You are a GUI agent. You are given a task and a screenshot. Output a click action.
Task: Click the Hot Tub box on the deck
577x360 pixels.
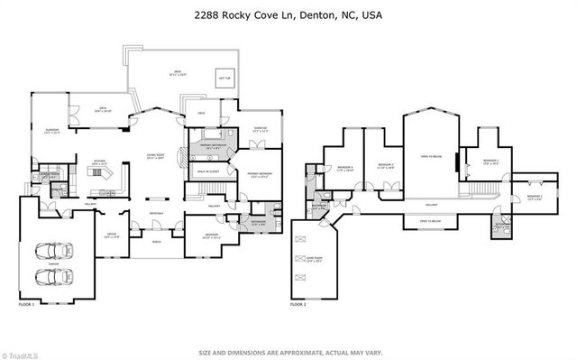pyautogui.click(x=224, y=78)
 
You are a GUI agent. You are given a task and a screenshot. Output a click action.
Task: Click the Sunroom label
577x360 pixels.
pyautogui.click(x=52, y=132)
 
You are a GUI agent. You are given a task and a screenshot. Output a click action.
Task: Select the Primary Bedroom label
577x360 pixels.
pyautogui.click(x=261, y=175)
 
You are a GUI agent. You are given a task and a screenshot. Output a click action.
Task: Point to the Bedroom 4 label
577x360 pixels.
pyautogui.click(x=344, y=168)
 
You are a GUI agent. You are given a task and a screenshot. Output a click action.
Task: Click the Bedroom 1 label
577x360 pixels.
pyautogui.click(x=490, y=163)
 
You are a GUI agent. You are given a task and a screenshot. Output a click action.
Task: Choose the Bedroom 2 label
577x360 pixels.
pyautogui.click(x=535, y=196)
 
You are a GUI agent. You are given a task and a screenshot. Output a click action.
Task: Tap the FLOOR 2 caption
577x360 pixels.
pyautogui.click(x=298, y=305)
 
